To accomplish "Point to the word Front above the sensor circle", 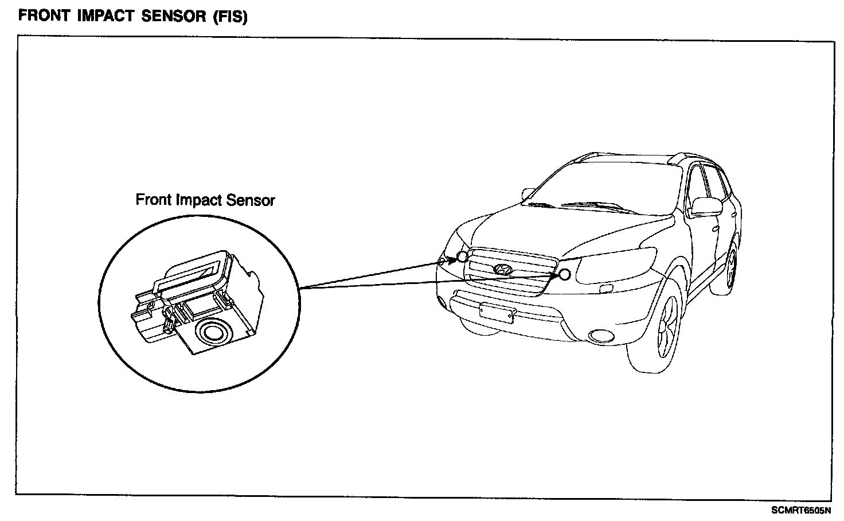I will (154, 200).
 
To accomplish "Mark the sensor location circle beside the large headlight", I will (564, 275).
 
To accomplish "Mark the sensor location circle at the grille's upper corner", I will (462, 257).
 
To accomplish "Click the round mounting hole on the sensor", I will (212, 331).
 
